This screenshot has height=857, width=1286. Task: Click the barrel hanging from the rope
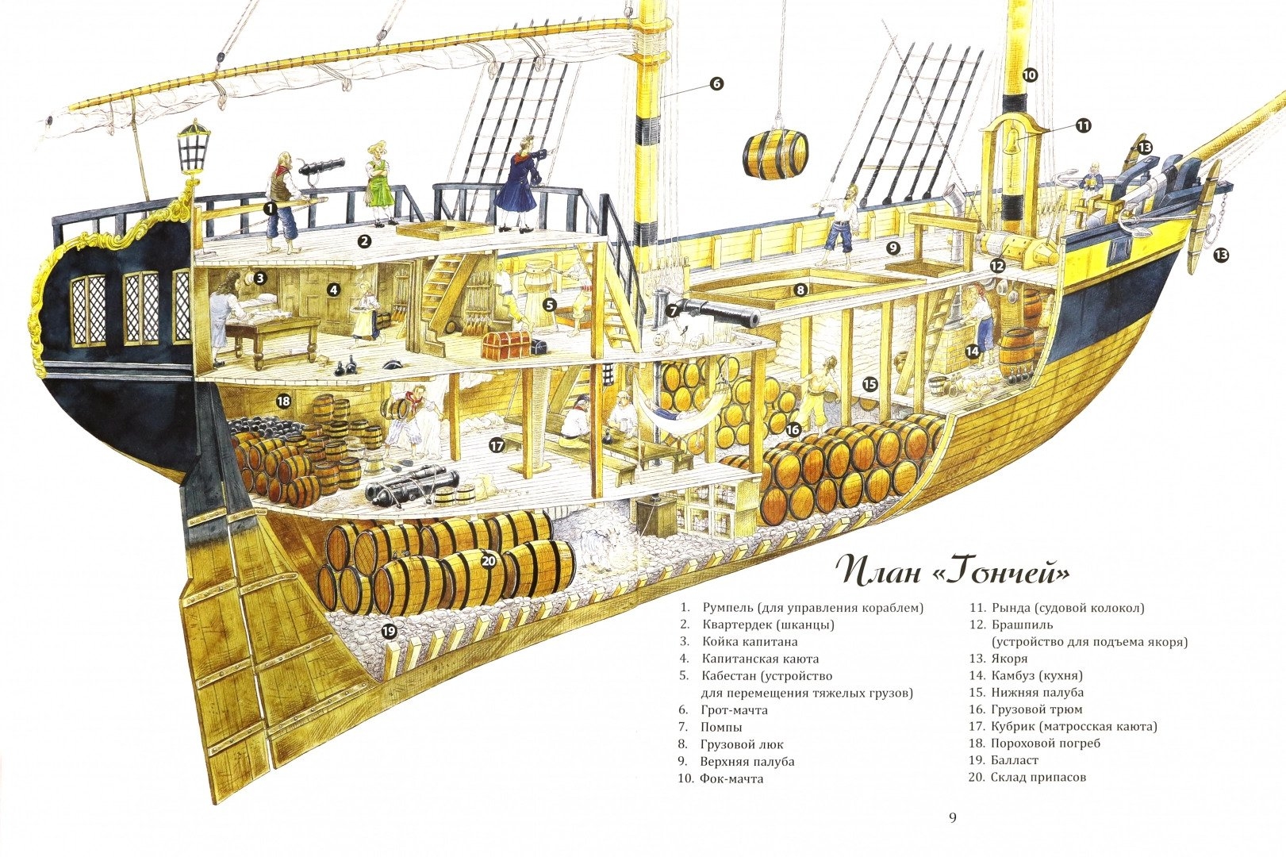776,156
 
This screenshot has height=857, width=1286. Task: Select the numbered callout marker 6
716,83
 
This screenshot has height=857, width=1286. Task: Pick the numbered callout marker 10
1029,75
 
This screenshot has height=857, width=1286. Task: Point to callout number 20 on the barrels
489,561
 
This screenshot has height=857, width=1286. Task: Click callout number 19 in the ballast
389,632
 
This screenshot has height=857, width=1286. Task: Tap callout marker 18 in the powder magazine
283,402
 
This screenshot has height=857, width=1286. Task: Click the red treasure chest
507,344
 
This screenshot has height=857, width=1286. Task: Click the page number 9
953,818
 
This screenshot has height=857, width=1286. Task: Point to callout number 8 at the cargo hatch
800,290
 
